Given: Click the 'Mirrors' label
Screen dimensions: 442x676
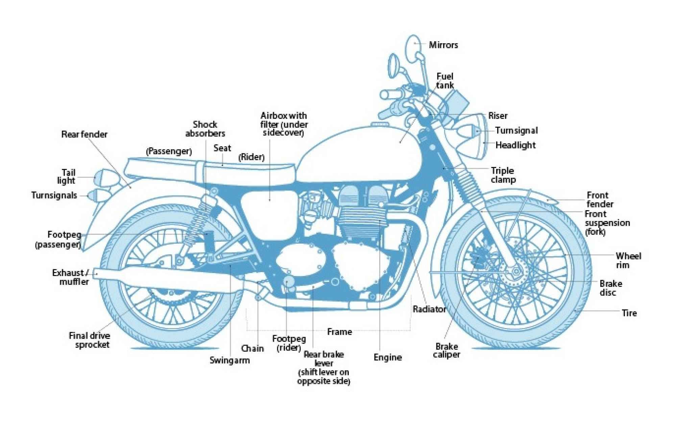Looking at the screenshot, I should pos(443,45).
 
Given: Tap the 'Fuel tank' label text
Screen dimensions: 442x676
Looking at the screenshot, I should pos(445,81).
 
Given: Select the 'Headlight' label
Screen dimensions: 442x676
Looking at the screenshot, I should pos(515,145).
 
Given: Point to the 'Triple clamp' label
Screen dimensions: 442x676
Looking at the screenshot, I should pos(503,175).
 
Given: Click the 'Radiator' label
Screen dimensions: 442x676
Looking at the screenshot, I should pos(429,309).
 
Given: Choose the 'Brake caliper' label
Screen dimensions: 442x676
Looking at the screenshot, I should pos(446,350).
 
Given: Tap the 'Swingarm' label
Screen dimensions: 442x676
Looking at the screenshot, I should pos(230,360).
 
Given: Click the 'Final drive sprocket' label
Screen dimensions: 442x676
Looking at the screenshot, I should pos(90,340).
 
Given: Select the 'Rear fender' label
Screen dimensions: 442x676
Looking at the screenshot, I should pos(84,134).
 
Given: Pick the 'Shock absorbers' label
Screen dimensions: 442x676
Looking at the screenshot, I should pos(205,129).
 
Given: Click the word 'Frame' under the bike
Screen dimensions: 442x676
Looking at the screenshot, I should pos(339,332).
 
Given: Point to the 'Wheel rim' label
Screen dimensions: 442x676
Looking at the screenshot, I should pos(628,260).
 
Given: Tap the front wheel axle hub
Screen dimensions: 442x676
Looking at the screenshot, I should pos(515,272).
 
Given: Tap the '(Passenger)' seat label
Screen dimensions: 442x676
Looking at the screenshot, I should pos(169,151).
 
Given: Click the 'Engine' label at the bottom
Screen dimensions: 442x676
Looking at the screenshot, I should pos(388,358).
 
